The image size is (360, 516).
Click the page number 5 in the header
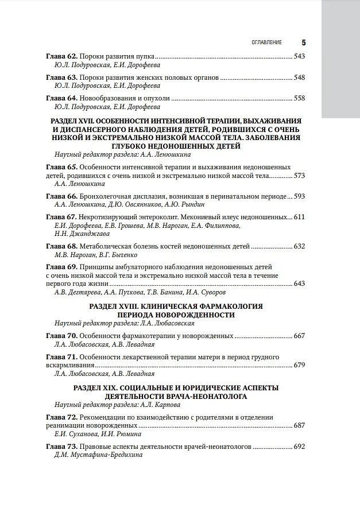pos(303,42)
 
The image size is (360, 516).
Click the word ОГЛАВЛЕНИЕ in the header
pos(267,42)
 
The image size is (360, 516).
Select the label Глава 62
pos(61,56)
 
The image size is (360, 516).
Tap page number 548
pos(299,77)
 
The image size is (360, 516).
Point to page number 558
pos(299,98)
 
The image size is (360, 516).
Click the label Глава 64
pos(61,98)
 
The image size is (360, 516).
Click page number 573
pos(299,175)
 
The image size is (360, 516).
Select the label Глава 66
pos(61,196)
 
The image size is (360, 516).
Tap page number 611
pos(299,217)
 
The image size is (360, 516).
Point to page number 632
pos(299,246)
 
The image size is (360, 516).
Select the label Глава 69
pos(61,267)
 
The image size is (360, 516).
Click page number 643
pos(299,284)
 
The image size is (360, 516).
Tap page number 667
pos(299,336)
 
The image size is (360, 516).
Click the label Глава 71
pos(61,356)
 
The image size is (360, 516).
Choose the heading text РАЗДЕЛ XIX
pos(103,388)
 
